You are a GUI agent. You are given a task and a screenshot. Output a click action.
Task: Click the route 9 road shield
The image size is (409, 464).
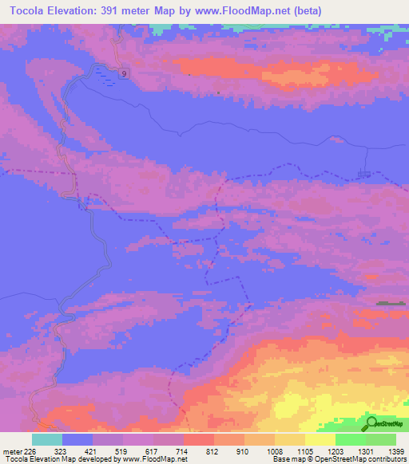124,73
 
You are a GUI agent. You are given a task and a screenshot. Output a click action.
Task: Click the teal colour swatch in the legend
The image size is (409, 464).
47,439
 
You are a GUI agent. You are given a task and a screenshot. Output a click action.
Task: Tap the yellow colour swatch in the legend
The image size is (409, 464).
320,439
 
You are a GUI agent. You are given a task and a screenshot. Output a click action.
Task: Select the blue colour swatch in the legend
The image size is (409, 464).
77,439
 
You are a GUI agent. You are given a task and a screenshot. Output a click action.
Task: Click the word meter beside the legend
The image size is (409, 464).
12,451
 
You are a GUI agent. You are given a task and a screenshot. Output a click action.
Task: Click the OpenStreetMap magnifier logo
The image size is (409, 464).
373,423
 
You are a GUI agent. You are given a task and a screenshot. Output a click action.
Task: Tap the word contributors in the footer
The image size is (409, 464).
384,459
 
